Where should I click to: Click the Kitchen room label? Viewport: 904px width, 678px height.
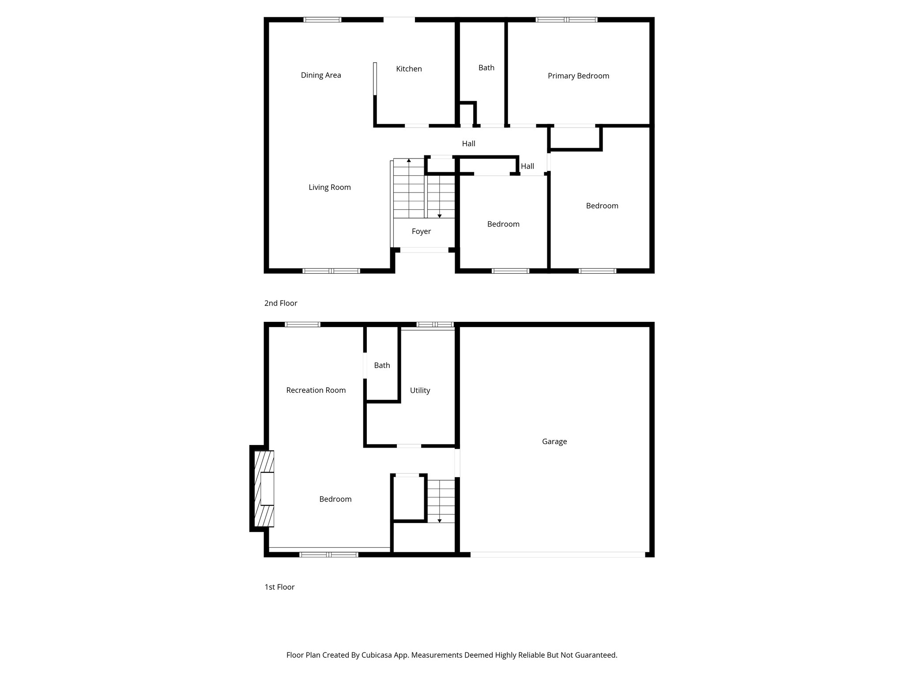coord(409,69)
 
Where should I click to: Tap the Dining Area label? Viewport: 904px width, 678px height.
coord(321,75)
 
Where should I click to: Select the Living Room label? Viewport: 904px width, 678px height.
coord(329,187)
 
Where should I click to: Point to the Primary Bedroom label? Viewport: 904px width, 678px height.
coord(578,76)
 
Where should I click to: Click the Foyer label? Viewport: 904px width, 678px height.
coord(421,231)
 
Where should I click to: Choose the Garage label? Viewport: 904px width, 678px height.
coord(554,441)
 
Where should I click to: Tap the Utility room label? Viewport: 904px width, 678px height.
coord(420,390)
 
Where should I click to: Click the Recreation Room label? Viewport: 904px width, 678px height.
coord(316,390)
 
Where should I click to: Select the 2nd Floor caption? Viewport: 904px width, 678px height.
coord(281,303)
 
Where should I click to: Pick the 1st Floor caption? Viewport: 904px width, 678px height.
coord(279,587)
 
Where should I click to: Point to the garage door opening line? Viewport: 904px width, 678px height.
coord(557,554)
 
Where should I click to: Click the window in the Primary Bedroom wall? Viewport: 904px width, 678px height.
coord(566,19)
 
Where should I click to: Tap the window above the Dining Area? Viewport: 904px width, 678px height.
coord(322,19)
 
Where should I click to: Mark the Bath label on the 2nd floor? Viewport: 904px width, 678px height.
coord(486,68)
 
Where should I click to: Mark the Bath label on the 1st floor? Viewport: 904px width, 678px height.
coord(382,365)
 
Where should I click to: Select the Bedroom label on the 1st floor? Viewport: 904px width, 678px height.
coord(335,499)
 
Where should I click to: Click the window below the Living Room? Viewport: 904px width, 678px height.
coord(331,271)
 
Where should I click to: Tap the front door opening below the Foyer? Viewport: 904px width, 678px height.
coord(424,250)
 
